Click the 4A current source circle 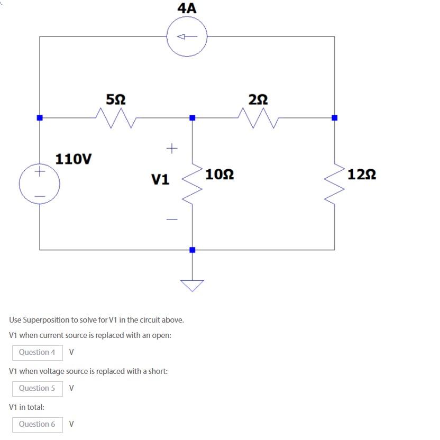click(187, 36)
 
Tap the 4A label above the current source click(187, 8)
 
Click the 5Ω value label click(116, 99)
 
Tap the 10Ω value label click(219, 174)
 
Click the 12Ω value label click(362, 174)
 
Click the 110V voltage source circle click(40, 184)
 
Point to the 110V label click(74, 159)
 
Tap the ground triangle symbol click(192, 285)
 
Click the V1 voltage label click(160, 180)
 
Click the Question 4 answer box click(37, 352)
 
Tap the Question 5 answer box click(37, 388)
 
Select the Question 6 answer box click(37, 424)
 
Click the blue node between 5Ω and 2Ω click(192, 117)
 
